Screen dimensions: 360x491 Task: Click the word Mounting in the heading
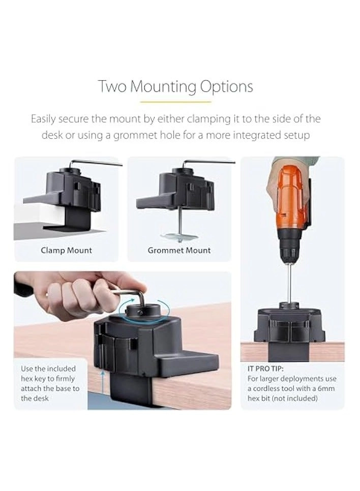[x=163, y=86]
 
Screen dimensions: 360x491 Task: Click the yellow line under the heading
[x=175, y=102]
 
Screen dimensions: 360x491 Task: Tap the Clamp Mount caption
[x=67, y=250]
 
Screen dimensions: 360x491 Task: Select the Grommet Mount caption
[x=179, y=250]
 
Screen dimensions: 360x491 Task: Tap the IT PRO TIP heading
[x=265, y=369]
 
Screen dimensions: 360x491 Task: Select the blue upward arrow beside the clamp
[x=102, y=386]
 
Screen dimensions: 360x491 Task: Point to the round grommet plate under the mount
[x=179, y=237]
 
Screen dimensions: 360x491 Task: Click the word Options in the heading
[x=226, y=87]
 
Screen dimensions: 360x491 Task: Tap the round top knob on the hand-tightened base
[x=143, y=311]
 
